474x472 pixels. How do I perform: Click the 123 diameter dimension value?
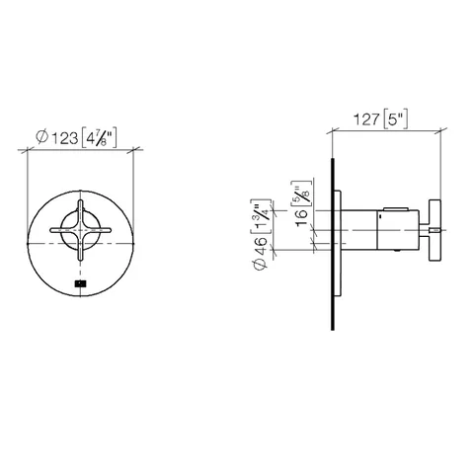65,138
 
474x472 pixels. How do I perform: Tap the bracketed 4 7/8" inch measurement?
99,138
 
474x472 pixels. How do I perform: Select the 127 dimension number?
366,119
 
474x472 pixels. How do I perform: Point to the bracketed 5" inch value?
396,118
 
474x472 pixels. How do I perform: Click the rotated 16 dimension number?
301,218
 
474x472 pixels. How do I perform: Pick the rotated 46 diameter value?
261,246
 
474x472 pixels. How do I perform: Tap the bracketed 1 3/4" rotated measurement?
261,216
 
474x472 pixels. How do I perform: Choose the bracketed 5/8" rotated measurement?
301,195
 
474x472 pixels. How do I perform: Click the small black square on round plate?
80,282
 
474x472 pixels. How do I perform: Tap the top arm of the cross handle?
81,213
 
